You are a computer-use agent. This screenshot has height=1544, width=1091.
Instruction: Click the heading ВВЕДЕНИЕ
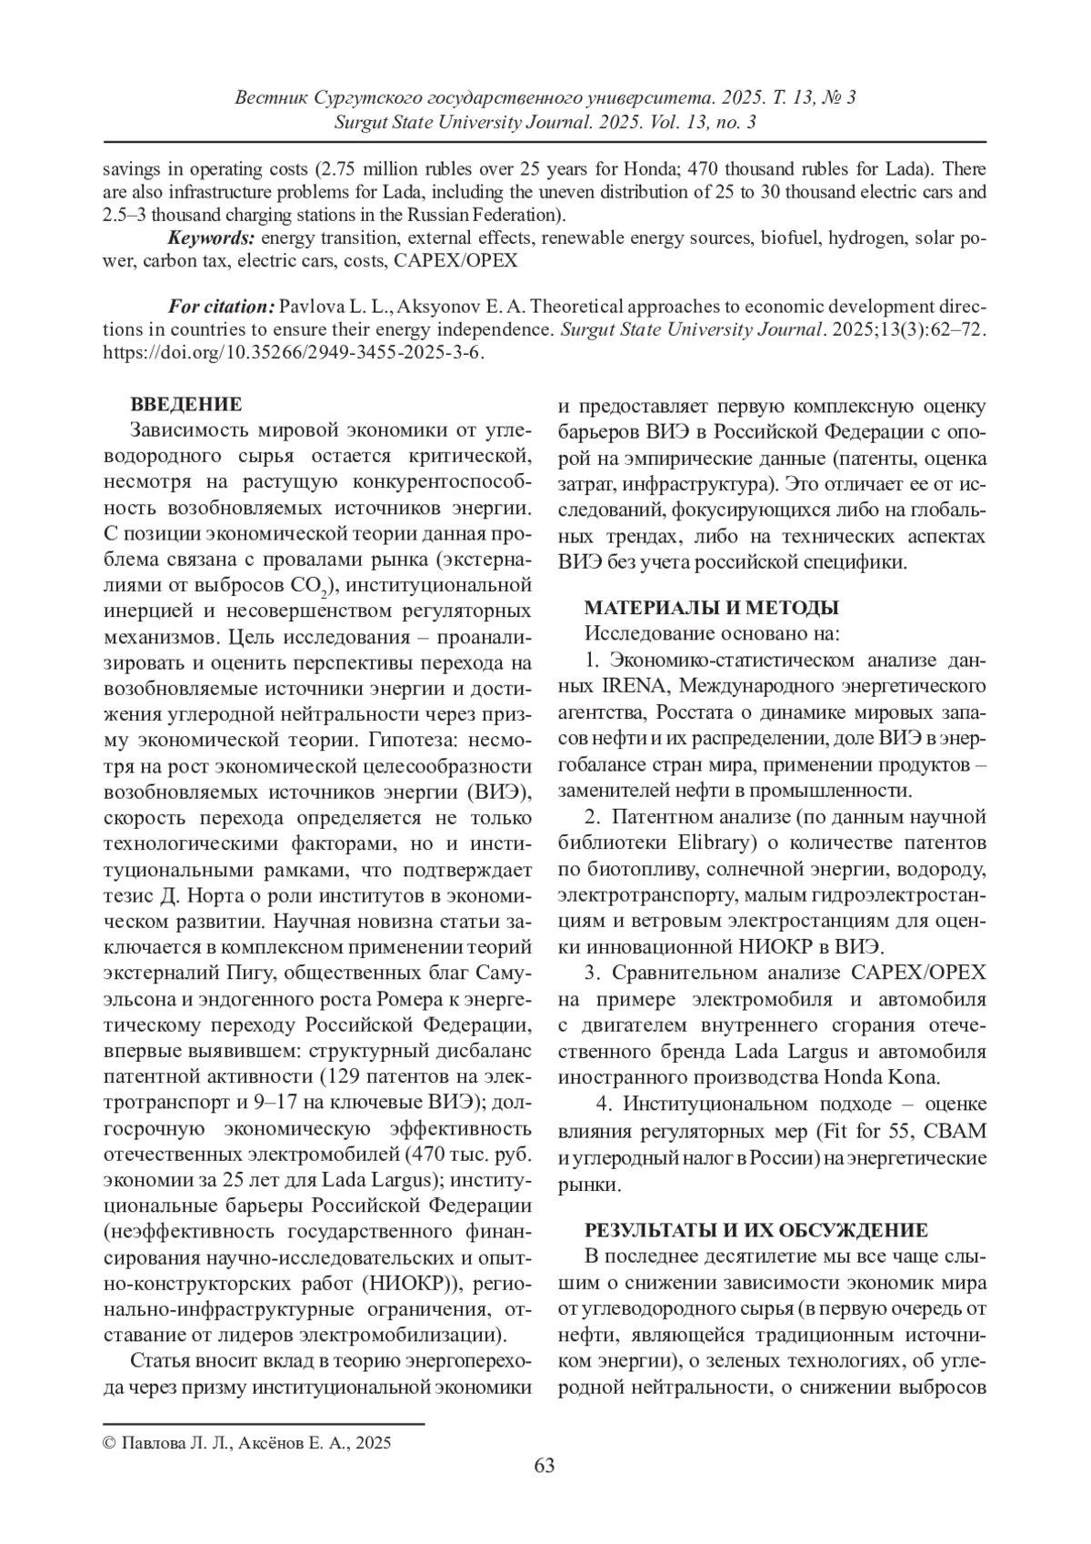186,404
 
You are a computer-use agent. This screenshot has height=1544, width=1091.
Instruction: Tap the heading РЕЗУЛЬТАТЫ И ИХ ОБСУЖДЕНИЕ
756,1230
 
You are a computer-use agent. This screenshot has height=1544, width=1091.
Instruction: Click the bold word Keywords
211,238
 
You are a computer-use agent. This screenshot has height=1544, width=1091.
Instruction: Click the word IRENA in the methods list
634,683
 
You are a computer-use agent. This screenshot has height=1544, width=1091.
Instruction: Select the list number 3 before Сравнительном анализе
590,973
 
